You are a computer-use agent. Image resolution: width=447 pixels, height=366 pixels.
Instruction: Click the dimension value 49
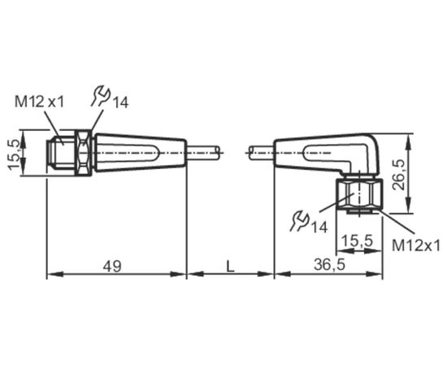[112, 266]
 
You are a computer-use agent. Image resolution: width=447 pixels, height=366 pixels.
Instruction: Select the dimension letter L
[230, 266]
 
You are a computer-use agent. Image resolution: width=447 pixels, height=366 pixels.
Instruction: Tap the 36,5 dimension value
[329, 264]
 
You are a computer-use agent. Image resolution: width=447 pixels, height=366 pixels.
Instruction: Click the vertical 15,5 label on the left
[14, 155]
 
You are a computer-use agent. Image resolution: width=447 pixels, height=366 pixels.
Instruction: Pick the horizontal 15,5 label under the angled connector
[357, 241]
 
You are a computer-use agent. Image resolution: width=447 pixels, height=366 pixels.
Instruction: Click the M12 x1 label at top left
[40, 102]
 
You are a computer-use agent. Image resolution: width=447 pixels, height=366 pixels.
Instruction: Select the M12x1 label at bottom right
[416, 246]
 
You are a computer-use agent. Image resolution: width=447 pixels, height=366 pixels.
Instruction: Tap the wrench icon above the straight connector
[100, 97]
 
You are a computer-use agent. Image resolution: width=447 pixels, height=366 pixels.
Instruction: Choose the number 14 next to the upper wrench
[119, 102]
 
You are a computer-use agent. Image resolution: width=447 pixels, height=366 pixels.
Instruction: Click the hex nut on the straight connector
[83, 153]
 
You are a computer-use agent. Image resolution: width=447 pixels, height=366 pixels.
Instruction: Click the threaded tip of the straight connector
[60, 153]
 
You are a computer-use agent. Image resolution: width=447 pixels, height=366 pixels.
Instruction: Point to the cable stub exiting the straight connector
[203, 152]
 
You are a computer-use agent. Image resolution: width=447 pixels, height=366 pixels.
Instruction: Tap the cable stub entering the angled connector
[262, 152]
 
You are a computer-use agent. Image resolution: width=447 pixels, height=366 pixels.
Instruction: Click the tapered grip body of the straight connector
[141, 153]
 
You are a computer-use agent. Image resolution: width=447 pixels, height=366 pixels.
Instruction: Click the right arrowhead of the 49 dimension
[179, 274]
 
